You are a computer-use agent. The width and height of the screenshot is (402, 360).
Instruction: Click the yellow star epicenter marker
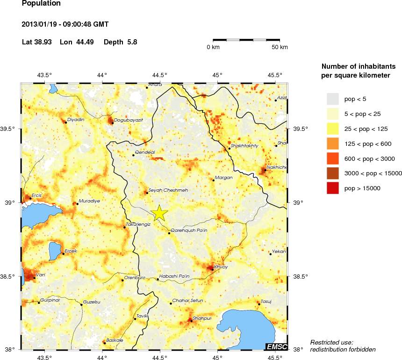point(159,213)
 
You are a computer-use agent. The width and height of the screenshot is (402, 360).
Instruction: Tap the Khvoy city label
point(221,267)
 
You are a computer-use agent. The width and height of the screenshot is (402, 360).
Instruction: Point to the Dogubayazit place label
point(128,120)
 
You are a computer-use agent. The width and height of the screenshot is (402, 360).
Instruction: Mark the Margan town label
point(223,178)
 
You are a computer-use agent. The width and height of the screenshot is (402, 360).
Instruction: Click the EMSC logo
point(276,346)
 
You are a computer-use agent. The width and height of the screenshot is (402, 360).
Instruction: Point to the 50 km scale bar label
point(280,47)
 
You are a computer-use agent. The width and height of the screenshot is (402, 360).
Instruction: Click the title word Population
point(41,4)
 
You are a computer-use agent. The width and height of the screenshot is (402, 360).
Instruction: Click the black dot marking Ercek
point(63,254)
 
